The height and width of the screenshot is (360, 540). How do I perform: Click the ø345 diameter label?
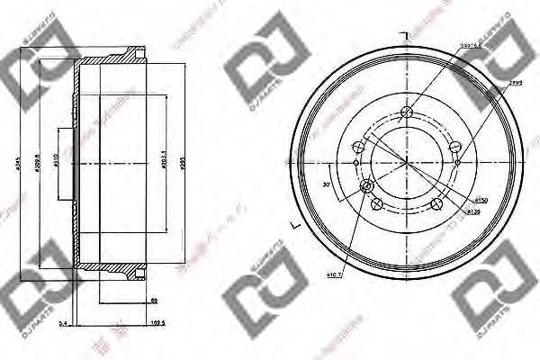[x=17, y=166]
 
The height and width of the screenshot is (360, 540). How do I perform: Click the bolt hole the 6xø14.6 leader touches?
[x=406, y=112]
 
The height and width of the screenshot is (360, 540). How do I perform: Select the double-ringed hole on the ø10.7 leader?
[x=366, y=186]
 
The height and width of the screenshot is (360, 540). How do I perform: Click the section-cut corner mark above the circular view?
[x=406, y=34]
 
